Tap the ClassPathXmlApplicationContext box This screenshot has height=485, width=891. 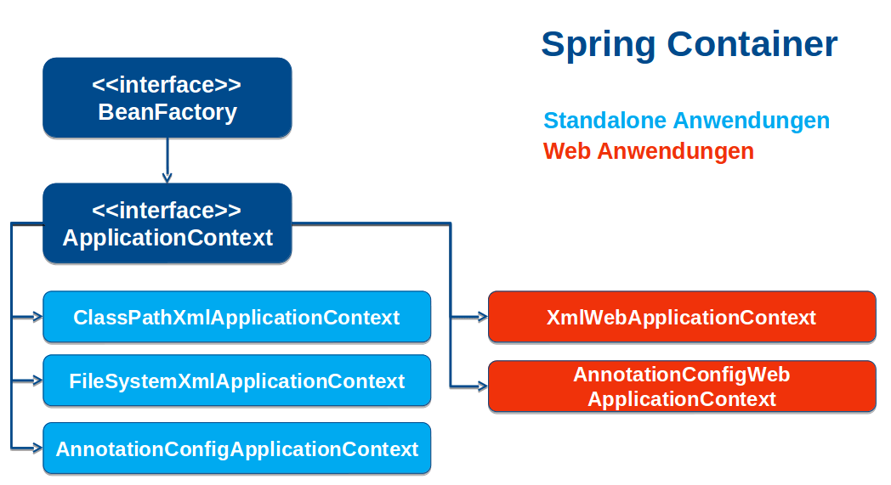pos(236,318)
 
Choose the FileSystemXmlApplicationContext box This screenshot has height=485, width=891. pos(236,381)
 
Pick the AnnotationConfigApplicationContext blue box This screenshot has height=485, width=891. pos(236,448)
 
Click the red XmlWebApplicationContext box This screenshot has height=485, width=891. pos(681,318)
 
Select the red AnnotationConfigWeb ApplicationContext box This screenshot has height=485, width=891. pos(681,386)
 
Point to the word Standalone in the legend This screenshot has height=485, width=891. pos(604,121)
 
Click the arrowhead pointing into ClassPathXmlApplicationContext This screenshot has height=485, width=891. pos(37,318)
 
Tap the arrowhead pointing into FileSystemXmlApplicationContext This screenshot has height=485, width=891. pos(37,381)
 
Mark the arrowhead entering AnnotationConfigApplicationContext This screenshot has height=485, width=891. pos(37,448)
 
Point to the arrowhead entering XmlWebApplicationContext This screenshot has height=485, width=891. pos(482,318)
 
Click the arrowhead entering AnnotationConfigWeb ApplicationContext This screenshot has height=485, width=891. pos(482,386)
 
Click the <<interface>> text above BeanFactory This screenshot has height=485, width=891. pos(167,86)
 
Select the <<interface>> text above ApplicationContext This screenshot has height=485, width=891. pos(167,211)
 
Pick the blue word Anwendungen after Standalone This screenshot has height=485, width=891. pos(751,121)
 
